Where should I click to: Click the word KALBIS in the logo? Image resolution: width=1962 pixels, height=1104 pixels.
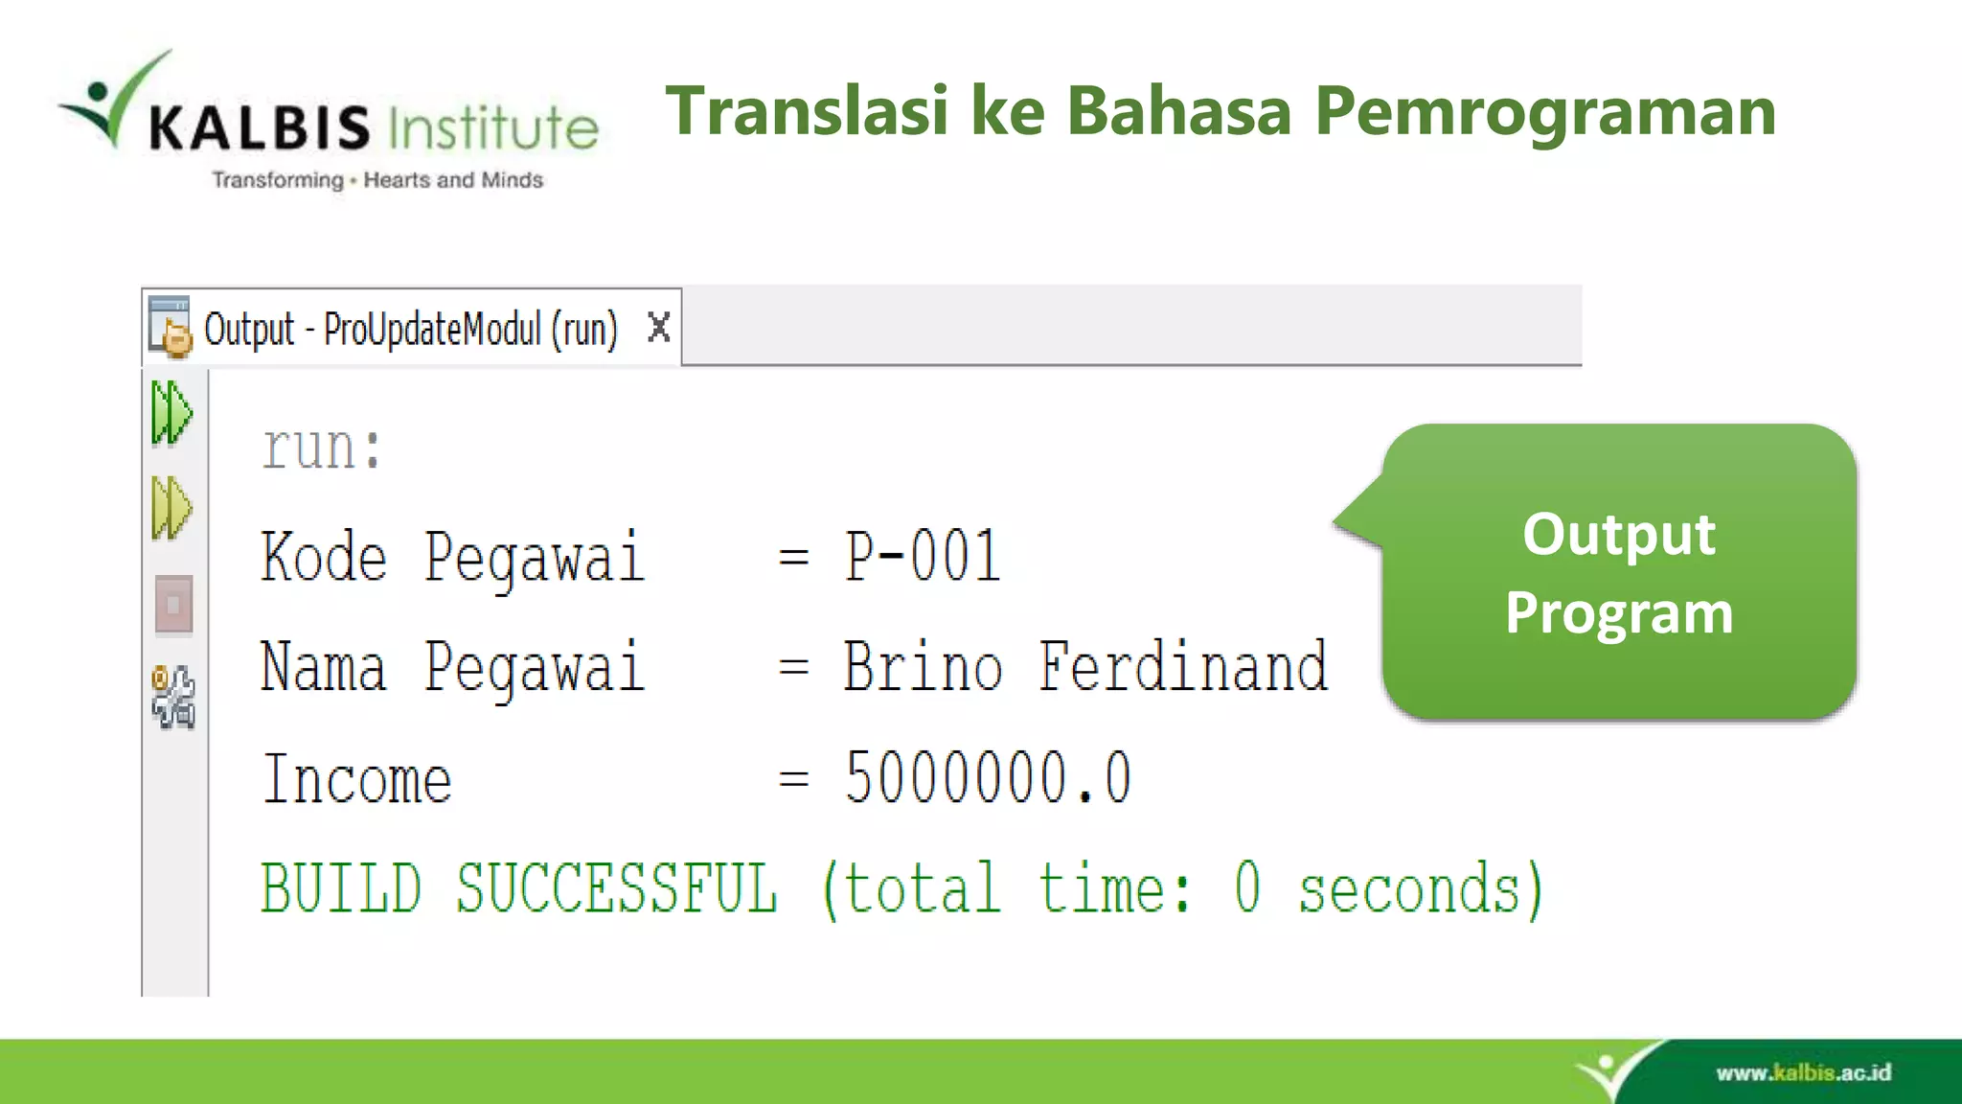click(x=259, y=127)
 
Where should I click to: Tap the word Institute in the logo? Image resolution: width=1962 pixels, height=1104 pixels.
click(x=493, y=127)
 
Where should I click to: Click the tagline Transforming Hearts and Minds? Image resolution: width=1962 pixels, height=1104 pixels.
click(x=377, y=180)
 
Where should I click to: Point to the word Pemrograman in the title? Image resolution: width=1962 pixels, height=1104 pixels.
click(x=1544, y=113)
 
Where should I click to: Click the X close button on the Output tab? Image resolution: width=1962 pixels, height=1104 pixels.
click(x=658, y=328)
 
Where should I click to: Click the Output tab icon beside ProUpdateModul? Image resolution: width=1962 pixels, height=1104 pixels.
click(x=171, y=327)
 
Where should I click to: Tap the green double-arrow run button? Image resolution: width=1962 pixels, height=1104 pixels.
click(x=171, y=413)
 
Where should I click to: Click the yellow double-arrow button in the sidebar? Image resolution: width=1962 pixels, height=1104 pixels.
click(x=171, y=508)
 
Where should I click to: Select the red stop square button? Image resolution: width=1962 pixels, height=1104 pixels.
click(x=173, y=605)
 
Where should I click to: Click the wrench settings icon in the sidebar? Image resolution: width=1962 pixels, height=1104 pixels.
click(x=173, y=697)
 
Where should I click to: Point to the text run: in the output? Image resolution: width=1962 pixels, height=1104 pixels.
click(x=322, y=448)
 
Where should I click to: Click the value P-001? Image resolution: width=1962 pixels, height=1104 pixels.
click(x=922, y=557)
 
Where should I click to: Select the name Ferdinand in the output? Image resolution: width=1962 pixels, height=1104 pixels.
click(x=1183, y=667)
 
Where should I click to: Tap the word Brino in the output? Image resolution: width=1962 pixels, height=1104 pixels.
click(x=923, y=667)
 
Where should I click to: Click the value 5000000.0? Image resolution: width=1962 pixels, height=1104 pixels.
click(x=987, y=777)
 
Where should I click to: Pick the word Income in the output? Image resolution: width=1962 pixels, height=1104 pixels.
click(x=356, y=779)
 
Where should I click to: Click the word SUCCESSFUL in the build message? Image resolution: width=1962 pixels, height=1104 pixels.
click(x=616, y=888)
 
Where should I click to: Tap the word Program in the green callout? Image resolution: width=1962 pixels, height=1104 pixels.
click(x=1619, y=612)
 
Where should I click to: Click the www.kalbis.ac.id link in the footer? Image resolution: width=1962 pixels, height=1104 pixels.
click(x=1803, y=1072)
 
